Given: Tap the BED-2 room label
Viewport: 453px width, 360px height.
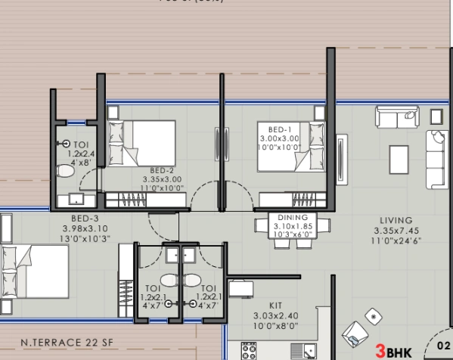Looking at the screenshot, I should [162, 171].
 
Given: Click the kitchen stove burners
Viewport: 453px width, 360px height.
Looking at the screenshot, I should [250, 351].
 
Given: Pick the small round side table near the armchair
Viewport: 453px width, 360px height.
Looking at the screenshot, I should [371, 315].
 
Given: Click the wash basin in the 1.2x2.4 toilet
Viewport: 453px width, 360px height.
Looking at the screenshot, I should [76, 199].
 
